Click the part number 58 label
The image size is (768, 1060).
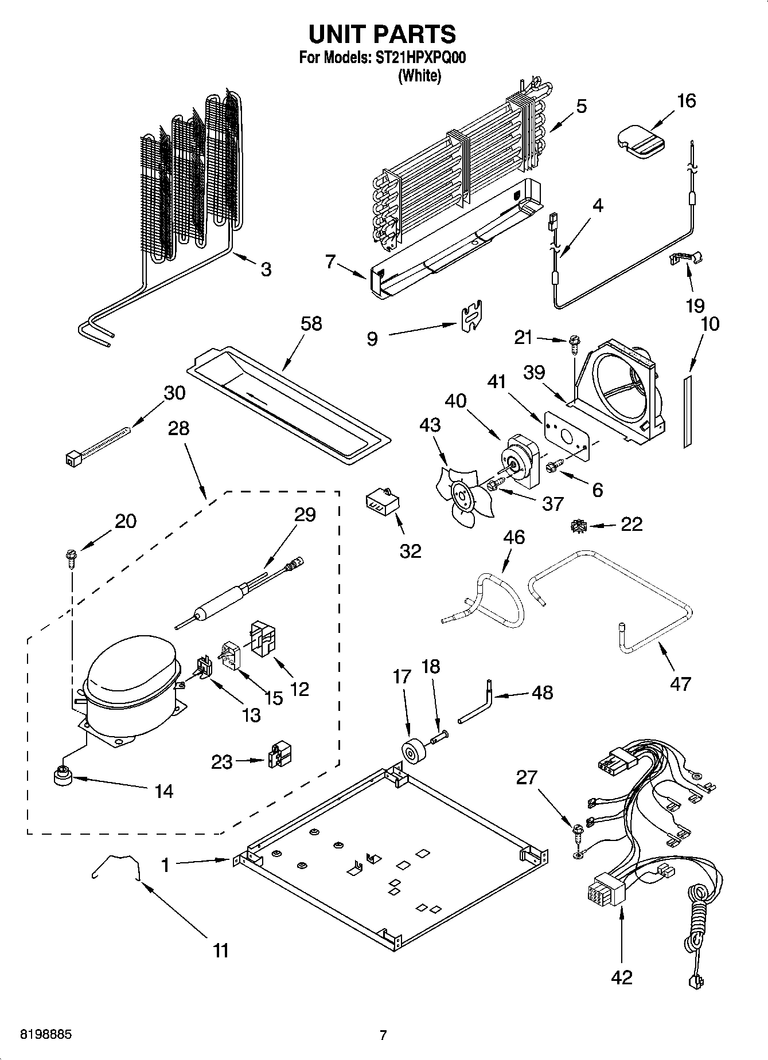click(311, 324)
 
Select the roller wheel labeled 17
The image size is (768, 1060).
click(412, 752)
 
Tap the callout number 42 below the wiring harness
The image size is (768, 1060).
click(621, 976)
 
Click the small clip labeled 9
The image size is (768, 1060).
click(471, 316)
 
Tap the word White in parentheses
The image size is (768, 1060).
click(419, 76)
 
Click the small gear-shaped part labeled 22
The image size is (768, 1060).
click(578, 525)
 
